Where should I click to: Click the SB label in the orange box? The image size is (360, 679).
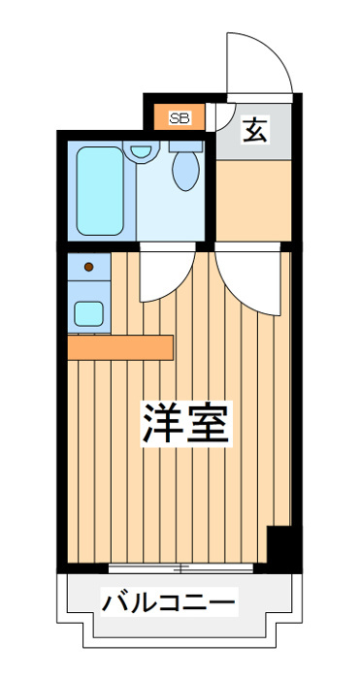[180, 118]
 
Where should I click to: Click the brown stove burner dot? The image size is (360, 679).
[89, 266]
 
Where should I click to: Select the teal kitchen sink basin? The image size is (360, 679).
[89, 312]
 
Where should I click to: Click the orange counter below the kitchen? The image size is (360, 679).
[120, 346]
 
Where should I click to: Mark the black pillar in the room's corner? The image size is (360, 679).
[280, 549]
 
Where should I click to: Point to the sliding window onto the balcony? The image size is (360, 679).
[184, 566]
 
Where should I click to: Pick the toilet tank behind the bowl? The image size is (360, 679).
[184, 146]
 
